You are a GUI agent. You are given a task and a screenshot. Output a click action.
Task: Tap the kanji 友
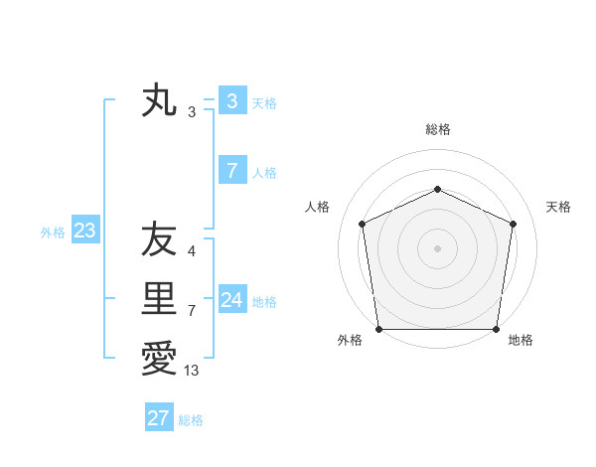point(159,239)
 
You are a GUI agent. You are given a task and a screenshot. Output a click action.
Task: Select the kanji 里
point(159,298)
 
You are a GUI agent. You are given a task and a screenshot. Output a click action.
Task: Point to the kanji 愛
point(159,358)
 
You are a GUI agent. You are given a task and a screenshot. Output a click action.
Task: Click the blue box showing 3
point(231,100)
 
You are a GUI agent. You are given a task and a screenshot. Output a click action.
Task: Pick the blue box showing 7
point(231,171)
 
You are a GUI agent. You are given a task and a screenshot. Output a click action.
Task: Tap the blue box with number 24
point(231,300)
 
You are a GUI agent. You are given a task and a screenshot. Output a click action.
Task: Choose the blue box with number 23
point(84,232)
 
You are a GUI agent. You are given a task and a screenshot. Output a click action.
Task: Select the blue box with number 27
point(159,418)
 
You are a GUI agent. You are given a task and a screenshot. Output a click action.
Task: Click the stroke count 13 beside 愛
point(192,372)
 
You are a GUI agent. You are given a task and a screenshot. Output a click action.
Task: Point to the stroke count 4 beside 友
point(191,251)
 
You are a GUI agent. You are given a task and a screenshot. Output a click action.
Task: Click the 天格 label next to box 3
point(264,102)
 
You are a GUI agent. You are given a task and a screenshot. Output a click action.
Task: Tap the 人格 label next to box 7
point(264,173)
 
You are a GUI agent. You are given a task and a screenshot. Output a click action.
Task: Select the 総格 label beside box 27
point(191,420)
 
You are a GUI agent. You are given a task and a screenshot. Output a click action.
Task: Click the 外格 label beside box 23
point(53,233)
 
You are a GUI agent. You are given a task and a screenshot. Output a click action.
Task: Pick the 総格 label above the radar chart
point(437,129)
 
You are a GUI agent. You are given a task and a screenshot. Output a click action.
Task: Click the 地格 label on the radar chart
point(521,340)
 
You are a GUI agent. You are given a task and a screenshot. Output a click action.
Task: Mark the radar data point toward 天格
point(514,224)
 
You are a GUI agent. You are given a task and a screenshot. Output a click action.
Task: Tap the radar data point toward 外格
point(378,329)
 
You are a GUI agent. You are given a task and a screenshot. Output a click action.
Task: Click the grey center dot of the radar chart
point(437,247)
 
